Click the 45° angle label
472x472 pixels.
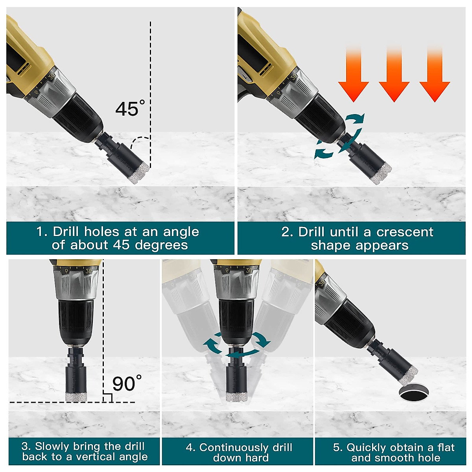click(x=130, y=109)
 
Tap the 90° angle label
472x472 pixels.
click(x=127, y=383)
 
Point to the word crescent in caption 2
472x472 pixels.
click(x=405, y=232)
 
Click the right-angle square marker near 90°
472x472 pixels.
click(x=107, y=398)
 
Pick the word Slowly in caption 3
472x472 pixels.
click(x=50, y=446)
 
